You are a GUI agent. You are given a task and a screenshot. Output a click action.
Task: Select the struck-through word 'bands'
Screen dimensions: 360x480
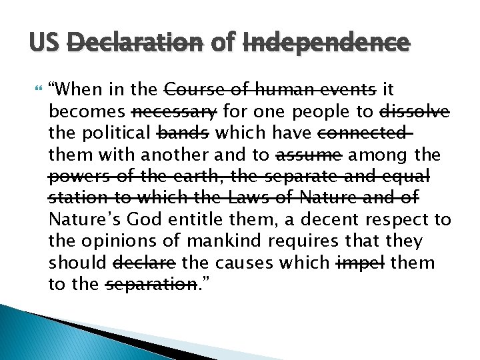181,133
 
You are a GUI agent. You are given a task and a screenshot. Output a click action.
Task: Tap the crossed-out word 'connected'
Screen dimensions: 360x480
362,133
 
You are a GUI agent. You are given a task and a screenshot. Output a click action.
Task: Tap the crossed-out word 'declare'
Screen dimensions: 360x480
146,263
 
